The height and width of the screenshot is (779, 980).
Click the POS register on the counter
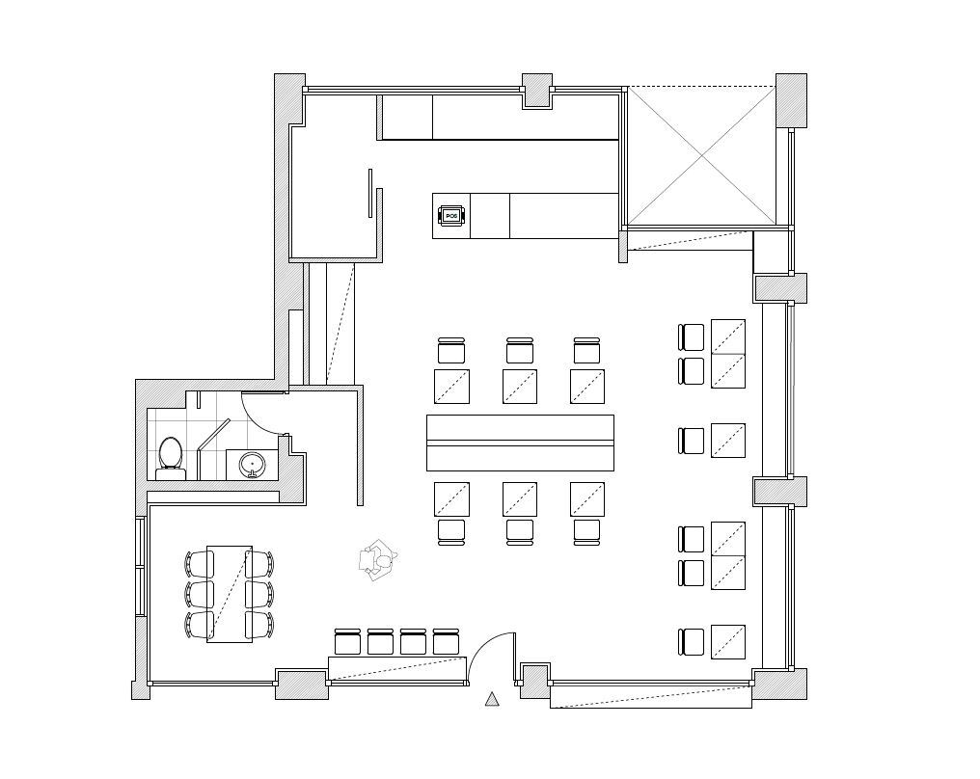[x=451, y=216]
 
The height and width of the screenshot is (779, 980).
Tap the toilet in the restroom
[x=170, y=458]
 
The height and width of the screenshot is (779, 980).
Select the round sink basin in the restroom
[x=252, y=464]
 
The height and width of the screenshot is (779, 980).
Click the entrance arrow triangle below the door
[x=492, y=699]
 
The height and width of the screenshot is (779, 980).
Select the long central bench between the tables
[x=520, y=443]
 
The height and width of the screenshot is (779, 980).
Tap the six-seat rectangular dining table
[x=230, y=594]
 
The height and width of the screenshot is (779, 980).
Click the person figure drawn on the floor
[x=378, y=560]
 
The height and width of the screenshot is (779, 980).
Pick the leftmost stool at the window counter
[x=347, y=641]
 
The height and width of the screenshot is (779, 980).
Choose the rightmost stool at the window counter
[x=446, y=641]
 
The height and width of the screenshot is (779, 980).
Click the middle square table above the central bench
[x=519, y=386]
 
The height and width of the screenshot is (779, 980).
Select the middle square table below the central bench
[x=519, y=499]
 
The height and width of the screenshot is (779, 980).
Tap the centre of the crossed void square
[x=702, y=155]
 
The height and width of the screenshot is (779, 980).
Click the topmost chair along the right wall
[x=692, y=336]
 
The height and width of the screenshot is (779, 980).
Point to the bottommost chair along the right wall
[x=692, y=642]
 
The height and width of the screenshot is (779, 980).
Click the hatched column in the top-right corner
[x=791, y=100]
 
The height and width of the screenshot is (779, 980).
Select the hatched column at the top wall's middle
[x=537, y=91]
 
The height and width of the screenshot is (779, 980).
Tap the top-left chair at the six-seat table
[x=200, y=563]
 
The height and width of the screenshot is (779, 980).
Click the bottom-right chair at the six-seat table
[x=259, y=625]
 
